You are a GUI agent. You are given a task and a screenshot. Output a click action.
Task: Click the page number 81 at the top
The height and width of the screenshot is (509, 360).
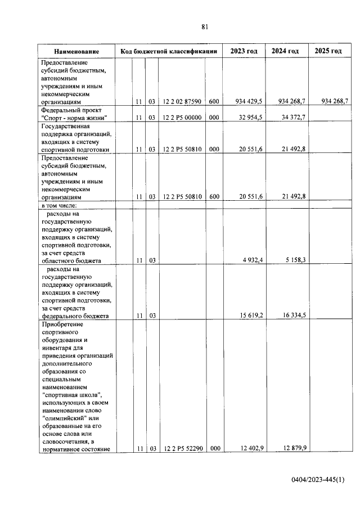point(205,26)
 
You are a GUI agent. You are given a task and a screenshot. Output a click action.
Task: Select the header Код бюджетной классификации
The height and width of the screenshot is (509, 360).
point(169,52)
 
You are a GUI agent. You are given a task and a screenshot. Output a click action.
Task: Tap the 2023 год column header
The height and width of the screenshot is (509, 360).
point(244,51)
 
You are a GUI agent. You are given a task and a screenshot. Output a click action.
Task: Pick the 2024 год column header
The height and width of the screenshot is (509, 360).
point(285,51)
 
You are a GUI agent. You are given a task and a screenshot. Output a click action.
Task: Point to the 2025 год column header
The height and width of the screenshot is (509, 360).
point(328,51)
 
